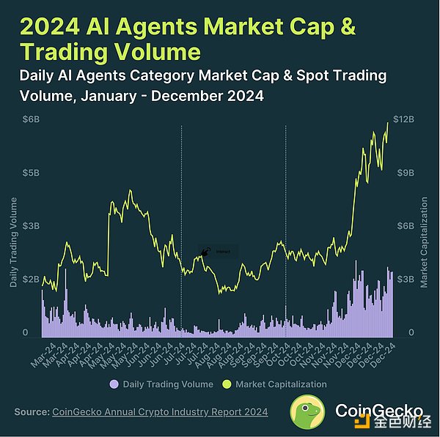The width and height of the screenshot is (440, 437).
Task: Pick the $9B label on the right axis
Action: pyautogui.click(x=405, y=173)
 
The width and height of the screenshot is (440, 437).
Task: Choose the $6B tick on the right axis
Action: pyautogui.click(x=405, y=226)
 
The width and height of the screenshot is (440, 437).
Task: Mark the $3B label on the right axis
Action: pyautogui.click(x=405, y=280)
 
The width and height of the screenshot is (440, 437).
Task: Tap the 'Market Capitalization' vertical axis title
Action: pyautogui.click(x=425, y=242)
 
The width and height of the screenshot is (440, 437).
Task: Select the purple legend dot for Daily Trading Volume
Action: pyautogui.click(x=114, y=384)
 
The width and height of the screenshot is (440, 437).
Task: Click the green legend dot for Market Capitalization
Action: pyautogui.click(x=227, y=384)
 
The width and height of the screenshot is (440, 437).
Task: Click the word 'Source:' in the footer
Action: pyautogui.click(x=32, y=412)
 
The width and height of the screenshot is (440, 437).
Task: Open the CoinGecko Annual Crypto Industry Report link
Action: pyautogui.click(x=160, y=412)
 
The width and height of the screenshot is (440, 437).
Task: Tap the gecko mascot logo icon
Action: pyautogui.click(x=308, y=413)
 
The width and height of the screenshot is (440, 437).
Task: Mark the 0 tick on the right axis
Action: pyautogui.click(x=400, y=333)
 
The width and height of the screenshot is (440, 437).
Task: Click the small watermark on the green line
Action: pyautogui.click(x=205, y=252)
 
